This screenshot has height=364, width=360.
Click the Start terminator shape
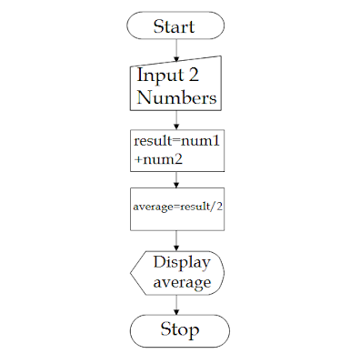175,25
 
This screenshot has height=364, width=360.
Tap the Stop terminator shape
178,329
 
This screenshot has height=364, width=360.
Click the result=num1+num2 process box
177,149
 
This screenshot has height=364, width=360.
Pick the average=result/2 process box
177,207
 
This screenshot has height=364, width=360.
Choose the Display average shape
178,272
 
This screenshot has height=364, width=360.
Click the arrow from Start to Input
175,50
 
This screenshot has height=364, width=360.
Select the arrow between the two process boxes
176,178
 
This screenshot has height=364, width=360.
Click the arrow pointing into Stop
176,304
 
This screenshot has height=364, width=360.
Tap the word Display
182,263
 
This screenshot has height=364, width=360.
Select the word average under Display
182,283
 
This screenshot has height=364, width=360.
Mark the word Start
175,25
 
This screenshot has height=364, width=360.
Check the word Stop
178,329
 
